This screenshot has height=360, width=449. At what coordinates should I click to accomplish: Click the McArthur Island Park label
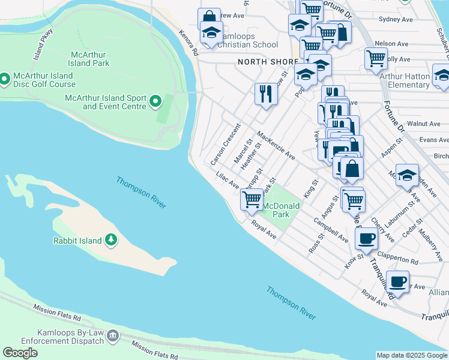(89, 58)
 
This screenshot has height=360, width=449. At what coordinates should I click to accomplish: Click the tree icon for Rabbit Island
(110, 241)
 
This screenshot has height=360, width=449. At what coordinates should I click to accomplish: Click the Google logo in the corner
(20, 353)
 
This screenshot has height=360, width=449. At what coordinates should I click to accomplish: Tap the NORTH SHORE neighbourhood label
(268, 62)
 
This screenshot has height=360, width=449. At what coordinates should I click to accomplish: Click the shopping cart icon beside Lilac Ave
(252, 198)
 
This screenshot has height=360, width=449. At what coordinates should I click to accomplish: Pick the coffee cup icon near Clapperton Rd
(365, 238)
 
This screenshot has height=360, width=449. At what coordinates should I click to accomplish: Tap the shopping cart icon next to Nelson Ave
(376, 58)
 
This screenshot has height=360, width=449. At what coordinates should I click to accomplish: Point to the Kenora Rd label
(188, 43)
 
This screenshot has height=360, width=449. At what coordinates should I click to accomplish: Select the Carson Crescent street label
(225, 145)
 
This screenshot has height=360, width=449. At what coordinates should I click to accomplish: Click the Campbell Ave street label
(330, 230)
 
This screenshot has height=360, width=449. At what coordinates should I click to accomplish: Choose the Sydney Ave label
(396, 19)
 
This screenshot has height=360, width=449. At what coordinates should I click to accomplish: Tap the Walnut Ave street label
(423, 124)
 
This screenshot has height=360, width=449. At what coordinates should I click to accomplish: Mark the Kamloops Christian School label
(248, 40)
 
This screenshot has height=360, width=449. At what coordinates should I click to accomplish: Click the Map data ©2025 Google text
(412, 355)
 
